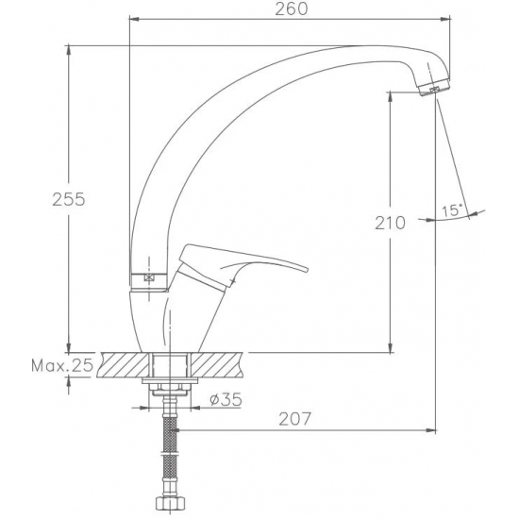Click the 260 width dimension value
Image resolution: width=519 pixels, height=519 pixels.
[292, 8]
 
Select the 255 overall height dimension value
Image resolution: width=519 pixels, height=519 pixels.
[69, 199]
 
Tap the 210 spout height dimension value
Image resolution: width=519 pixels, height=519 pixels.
[390, 223]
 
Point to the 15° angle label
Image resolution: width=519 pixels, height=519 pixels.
[452, 210]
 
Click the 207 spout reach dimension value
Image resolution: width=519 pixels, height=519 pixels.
[295, 419]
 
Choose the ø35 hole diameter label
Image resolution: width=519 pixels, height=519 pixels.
[226, 399]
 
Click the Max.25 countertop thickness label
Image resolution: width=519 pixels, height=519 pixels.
[62, 366]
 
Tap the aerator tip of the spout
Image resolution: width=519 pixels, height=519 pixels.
[434, 87]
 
